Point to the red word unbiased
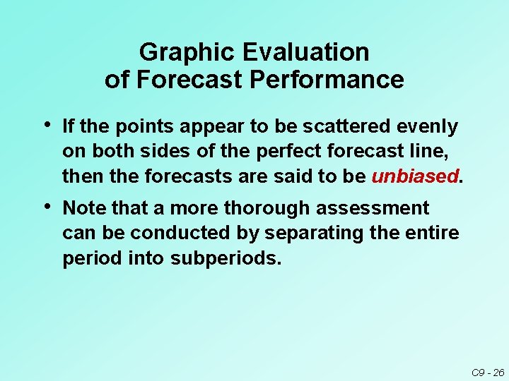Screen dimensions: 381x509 [415, 176]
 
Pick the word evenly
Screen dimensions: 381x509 [427, 127]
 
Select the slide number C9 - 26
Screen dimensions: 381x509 [488, 372]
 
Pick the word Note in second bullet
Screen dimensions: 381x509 [81, 208]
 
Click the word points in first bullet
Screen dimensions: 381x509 [139, 127]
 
